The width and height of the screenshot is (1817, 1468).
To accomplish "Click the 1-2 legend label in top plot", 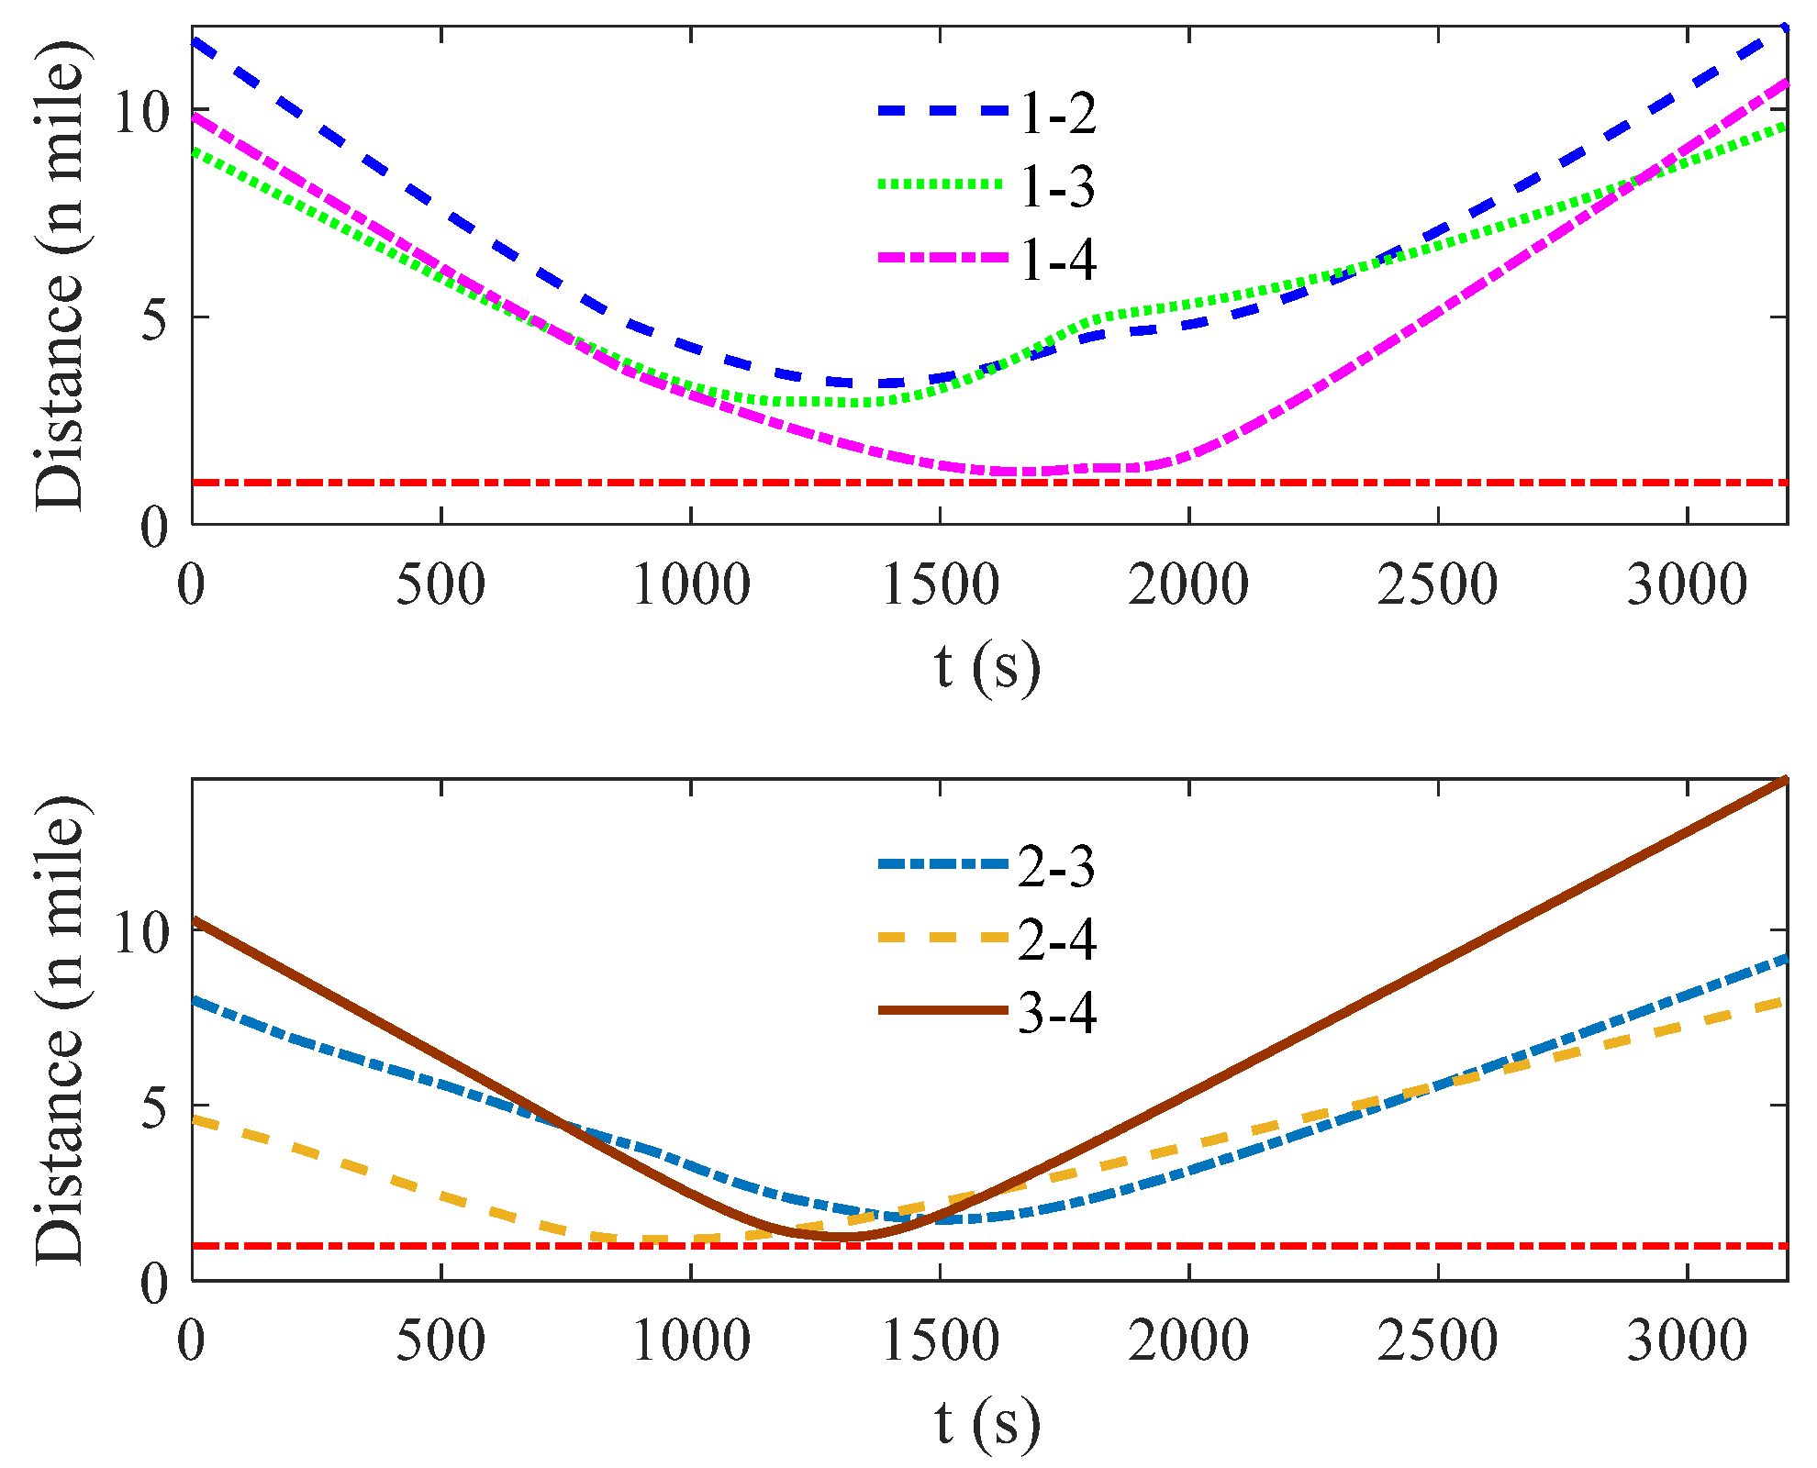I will (x=1057, y=114).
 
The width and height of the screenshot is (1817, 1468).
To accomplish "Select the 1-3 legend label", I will (x=1057, y=187).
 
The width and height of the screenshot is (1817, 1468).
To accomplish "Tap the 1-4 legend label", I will (x=1057, y=261).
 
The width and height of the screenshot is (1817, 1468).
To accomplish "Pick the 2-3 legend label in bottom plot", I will (x=1057, y=867).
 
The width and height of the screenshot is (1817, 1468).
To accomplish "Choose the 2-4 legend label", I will (x=1057, y=940).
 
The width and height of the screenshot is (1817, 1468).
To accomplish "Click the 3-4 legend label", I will (x=1057, y=1014).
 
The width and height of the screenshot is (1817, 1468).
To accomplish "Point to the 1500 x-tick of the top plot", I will (x=940, y=584).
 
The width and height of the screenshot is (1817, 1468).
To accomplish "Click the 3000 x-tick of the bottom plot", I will (x=1687, y=1340).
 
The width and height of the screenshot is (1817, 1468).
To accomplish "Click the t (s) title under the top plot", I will (x=987, y=667).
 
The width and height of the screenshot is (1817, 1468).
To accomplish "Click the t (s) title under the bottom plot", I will (x=987, y=1423).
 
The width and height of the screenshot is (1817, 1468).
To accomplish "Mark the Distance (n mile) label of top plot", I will (x=61, y=275).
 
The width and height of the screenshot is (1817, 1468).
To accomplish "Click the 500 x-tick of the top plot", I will (x=440, y=584).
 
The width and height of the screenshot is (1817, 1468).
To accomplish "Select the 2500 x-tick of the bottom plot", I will (x=1437, y=1340).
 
